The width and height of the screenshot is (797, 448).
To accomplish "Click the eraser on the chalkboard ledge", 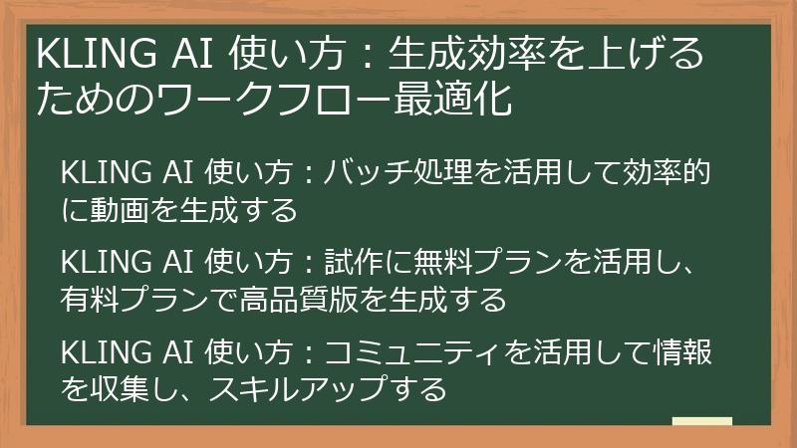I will click(x=701, y=422).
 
